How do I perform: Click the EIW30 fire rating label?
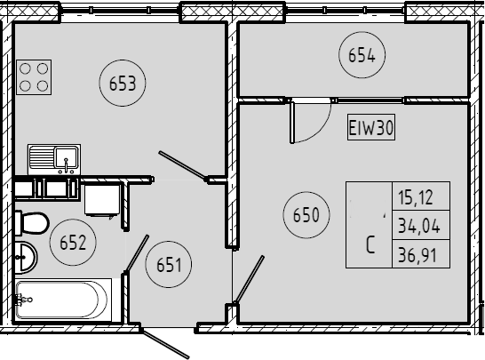pos(371,127)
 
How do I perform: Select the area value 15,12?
pos(416,197)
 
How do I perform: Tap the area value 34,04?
pos(418,226)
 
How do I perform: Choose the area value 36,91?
pos(417,255)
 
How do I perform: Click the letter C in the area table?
pos(370,244)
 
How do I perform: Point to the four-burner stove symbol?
pos(34,77)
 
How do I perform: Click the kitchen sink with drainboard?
pos(54,159)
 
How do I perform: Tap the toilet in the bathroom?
pos(32,223)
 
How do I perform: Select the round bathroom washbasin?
pos(26,258)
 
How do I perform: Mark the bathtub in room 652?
pos(63,300)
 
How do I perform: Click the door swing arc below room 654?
pos(320,132)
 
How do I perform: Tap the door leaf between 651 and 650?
pos(250,279)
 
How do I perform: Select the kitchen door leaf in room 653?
pos(182,165)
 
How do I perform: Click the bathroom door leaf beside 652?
pos(137,253)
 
